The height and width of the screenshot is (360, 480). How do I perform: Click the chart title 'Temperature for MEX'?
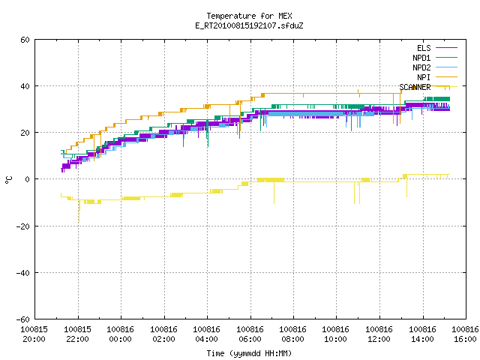[249, 16]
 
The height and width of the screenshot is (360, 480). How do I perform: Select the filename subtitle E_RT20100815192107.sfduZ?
[249, 25]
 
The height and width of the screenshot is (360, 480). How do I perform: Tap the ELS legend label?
[424, 48]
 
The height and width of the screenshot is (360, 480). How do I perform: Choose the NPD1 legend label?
[421, 58]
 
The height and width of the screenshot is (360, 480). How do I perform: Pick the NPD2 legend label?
[421, 67]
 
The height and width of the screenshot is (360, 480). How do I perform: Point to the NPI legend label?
[424, 77]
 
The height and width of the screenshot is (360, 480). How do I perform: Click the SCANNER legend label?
[415, 87]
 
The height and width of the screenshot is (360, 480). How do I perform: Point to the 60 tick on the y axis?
[25, 40]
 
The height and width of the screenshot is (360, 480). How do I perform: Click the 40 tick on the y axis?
[25, 86]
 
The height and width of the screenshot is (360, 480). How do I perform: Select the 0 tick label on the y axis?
[28, 179]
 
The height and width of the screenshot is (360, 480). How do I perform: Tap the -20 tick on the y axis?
[23, 226]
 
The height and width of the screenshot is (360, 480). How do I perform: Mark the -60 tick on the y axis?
[23, 319]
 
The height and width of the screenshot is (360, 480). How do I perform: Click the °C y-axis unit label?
[9, 180]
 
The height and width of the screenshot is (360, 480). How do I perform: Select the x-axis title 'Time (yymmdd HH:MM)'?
[249, 353]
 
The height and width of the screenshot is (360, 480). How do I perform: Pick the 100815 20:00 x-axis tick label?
[34, 334]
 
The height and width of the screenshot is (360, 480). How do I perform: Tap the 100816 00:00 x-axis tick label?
[120, 334]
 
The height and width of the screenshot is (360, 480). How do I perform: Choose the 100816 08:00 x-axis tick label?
[293, 334]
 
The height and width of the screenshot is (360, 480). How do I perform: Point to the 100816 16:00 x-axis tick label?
[465, 334]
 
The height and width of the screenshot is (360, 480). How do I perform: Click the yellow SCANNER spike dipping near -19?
[79, 211]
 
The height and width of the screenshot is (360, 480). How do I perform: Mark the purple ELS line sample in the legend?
[447, 48]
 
